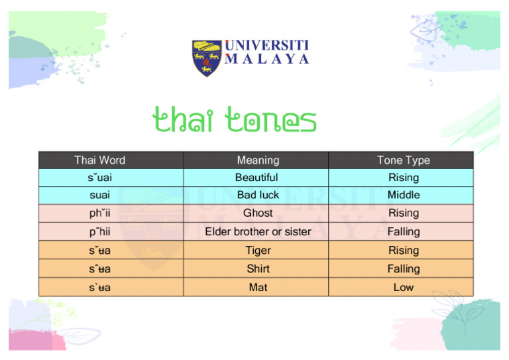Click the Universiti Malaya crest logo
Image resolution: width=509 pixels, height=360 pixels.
tap(207, 58)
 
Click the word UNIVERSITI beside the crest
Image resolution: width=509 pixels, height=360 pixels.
tap(266, 46)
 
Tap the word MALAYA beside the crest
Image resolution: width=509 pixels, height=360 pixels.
tap(266, 59)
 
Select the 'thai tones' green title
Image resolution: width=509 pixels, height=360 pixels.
tap(234, 121)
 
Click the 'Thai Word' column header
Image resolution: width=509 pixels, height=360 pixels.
tap(99, 160)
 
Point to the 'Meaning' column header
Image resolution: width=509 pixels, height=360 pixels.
tap(258, 160)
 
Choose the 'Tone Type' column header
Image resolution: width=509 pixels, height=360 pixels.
tap(403, 160)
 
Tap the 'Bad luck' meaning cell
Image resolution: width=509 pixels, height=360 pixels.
tap(258, 195)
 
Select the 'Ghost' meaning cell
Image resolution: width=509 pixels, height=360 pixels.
tap(258, 213)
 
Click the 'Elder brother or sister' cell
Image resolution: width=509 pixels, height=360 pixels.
tap(258, 231)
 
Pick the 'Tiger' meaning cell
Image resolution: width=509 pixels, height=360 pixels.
tap(258, 250)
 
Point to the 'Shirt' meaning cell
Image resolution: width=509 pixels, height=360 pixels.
tap(258, 269)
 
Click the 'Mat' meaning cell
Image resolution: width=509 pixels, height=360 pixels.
tap(258, 287)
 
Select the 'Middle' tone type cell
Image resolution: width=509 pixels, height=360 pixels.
tap(403, 195)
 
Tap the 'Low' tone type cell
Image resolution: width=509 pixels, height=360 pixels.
tap(403, 287)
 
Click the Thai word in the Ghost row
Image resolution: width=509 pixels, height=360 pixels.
tap(99, 213)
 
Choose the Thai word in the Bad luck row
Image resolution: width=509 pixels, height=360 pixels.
tap(99, 195)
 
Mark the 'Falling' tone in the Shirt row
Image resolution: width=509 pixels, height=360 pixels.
tap(403, 269)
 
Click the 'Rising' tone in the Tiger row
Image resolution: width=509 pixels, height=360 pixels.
tap(403, 250)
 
